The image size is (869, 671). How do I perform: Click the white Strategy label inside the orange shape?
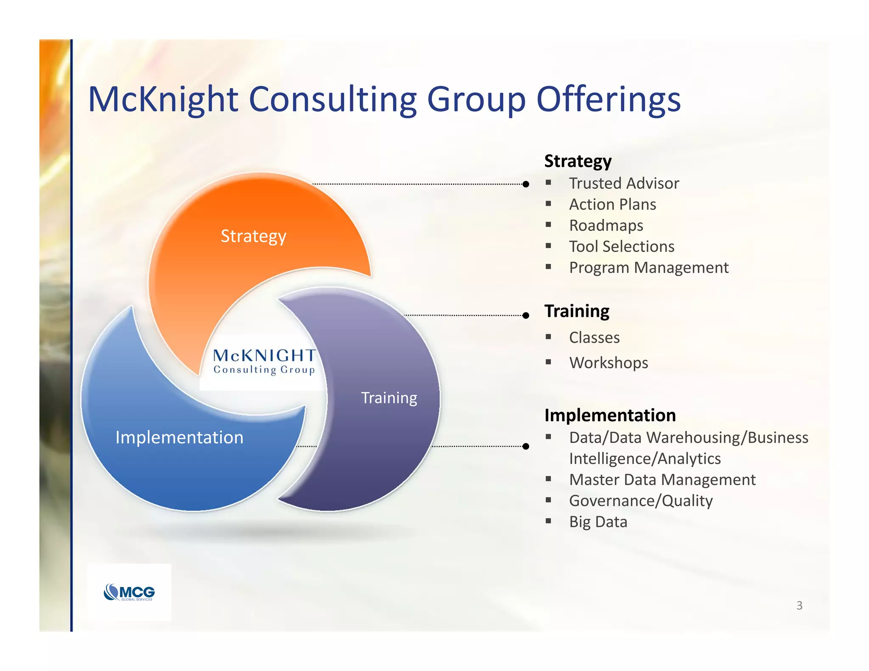tap(253, 236)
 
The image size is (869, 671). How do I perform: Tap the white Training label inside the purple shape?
tap(389, 398)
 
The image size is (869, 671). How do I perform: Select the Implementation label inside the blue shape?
tap(179, 437)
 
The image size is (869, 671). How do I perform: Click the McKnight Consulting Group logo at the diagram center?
tap(264, 361)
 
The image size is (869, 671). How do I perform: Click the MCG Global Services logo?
tap(129, 592)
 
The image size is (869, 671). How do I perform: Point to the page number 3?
tap(799, 605)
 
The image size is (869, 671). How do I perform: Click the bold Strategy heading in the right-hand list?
tap(577, 161)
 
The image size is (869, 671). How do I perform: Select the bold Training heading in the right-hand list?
tap(577, 311)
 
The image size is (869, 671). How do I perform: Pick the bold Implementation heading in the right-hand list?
tap(610, 415)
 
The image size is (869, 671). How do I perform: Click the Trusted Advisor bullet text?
tap(624, 183)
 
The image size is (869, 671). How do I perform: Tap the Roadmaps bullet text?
tap(606, 225)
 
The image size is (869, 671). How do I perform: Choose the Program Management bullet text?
tap(648, 268)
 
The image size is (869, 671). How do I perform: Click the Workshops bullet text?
tap(608, 363)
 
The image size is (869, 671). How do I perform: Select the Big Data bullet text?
tap(598, 522)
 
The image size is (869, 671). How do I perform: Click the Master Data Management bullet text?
tap(662, 480)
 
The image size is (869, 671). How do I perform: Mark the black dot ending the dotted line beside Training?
tap(526, 316)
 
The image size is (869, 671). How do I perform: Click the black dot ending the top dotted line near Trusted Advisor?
tap(526, 184)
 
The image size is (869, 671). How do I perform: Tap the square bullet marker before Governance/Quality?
tap(548, 500)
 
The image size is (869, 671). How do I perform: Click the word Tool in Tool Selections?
tap(583, 246)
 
